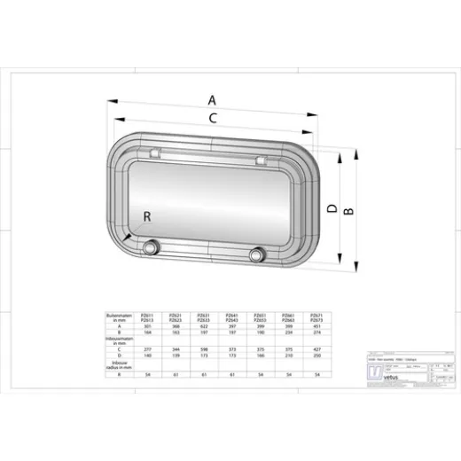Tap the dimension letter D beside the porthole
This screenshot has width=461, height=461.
click(x=330, y=208)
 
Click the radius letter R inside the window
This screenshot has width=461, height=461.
click(x=147, y=215)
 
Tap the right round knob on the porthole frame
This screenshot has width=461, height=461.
click(x=258, y=255)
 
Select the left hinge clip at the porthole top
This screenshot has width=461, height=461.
click(x=155, y=155)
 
